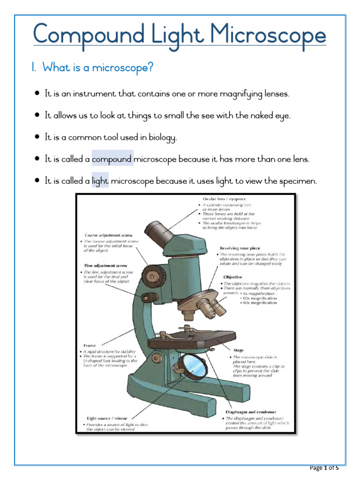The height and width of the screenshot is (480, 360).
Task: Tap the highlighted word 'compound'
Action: (112, 159)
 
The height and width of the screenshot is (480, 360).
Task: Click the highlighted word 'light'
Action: (100, 181)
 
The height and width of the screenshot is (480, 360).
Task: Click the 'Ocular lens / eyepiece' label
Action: (224, 199)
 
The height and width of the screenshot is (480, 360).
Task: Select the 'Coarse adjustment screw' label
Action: (108, 235)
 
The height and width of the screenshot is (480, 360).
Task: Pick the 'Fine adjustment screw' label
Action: (105, 266)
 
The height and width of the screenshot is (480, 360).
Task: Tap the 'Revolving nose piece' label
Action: (240, 248)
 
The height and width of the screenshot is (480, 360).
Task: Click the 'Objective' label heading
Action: (232, 277)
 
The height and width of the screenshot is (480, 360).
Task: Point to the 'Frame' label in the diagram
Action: (90, 345)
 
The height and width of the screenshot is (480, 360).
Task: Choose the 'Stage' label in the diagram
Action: (238, 350)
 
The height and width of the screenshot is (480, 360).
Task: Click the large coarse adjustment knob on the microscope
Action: (153, 273)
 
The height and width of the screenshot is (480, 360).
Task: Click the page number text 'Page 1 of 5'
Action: (324, 468)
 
